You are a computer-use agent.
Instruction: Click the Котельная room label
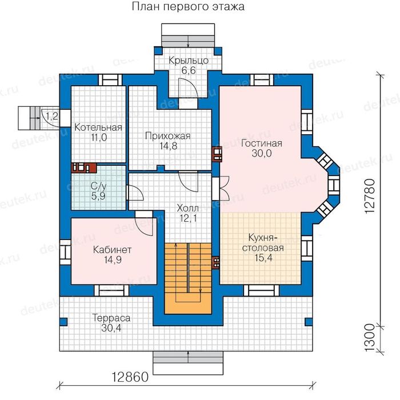pyautogui.click(x=98, y=127)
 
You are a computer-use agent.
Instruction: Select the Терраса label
pyautogui.click(x=111, y=317)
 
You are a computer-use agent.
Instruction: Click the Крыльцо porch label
pyautogui.click(x=188, y=60)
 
